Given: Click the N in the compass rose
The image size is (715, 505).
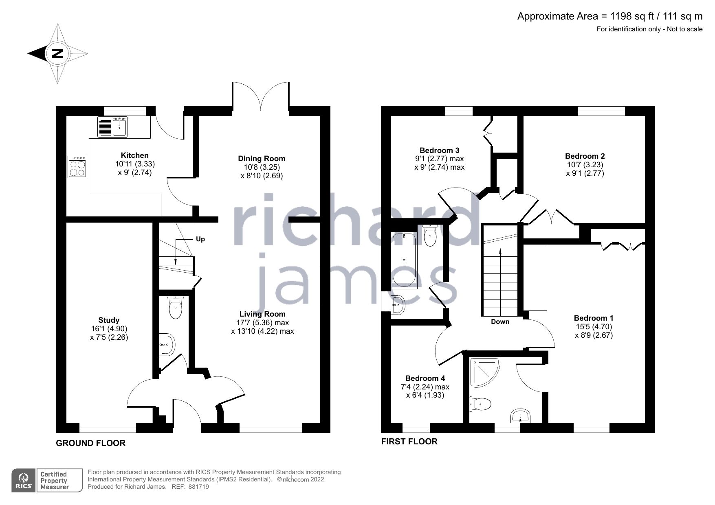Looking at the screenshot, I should click(x=58, y=53).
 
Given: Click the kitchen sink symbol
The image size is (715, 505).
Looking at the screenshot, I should click(x=113, y=126).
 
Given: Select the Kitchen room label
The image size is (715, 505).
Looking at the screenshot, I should click(x=134, y=155).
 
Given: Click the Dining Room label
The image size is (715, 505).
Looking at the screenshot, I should click(x=262, y=159).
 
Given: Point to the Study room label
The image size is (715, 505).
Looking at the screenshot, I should click(x=109, y=320).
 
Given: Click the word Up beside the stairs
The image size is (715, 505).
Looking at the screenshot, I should click(x=200, y=239).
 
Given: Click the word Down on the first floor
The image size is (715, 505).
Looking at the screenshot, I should click(x=500, y=321).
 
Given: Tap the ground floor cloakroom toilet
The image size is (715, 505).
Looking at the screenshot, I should click(x=176, y=308).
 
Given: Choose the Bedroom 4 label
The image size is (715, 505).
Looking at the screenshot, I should click(x=425, y=378).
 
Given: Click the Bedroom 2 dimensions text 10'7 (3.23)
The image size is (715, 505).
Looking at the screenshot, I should click(x=585, y=165).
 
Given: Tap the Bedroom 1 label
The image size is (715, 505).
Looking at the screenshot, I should click(x=593, y=318).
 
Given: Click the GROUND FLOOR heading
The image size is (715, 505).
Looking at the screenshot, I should click(x=90, y=443).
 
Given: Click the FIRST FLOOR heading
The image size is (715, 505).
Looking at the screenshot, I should click(x=409, y=442).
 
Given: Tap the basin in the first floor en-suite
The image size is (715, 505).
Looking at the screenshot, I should click(x=520, y=416).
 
